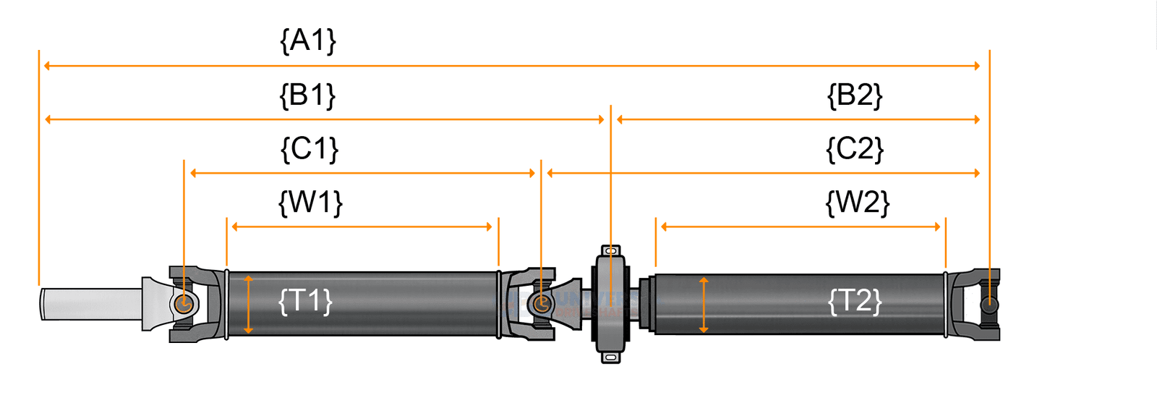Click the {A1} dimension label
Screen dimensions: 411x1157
[308, 41]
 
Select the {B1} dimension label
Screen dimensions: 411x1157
[308, 95]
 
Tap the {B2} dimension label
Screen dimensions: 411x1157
[855, 95]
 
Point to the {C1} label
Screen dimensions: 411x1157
[309, 149]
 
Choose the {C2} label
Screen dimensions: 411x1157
[855, 149]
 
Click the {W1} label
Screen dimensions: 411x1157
[310, 203]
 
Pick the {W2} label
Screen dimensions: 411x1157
[858, 203]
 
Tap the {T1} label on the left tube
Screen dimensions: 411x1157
[305, 300]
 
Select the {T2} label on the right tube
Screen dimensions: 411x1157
[855, 300]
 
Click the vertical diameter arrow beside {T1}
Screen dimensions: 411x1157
[248, 304]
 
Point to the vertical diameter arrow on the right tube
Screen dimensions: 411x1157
[704, 305]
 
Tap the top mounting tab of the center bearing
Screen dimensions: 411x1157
[612, 251]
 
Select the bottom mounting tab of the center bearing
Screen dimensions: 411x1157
[612, 357]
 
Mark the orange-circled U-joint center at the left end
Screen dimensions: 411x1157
[184, 303]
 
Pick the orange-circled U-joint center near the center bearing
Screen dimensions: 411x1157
[541, 303]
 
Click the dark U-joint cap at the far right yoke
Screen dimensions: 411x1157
[989, 305]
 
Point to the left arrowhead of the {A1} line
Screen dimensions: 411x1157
[47, 66]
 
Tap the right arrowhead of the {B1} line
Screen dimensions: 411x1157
[602, 119]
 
